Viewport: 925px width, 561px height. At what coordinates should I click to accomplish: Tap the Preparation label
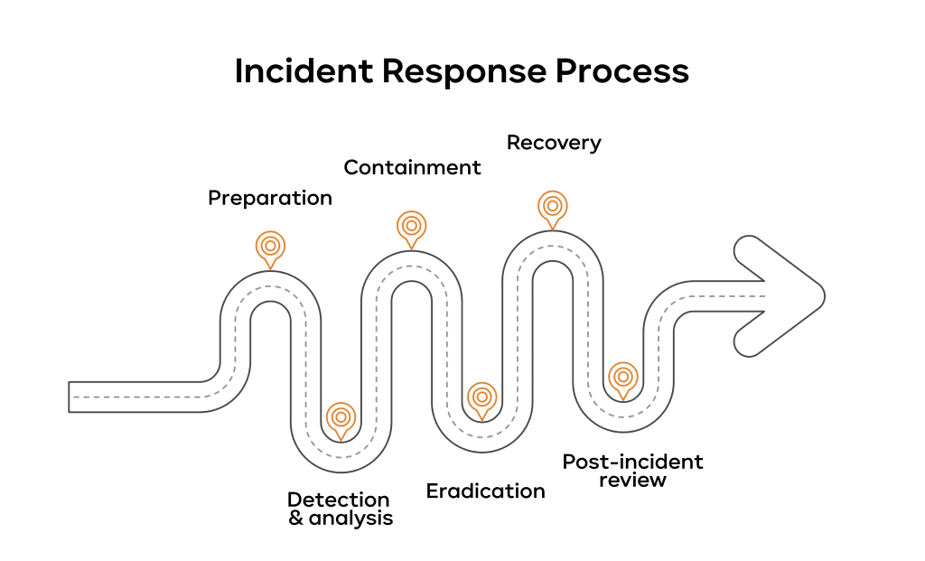coord(270,198)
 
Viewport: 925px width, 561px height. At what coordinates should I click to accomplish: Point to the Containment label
coord(412,167)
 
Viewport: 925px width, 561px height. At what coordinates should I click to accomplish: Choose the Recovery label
coord(554,143)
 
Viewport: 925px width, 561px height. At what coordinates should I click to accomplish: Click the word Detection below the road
coord(339,500)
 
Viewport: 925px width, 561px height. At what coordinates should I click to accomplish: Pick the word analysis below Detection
coord(350,519)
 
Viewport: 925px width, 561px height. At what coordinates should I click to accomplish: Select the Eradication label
coord(486,491)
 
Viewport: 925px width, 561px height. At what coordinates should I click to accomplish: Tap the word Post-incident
coord(632,462)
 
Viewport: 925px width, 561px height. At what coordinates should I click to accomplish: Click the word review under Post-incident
coord(632,480)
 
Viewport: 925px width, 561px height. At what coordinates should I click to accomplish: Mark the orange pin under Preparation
coord(270,246)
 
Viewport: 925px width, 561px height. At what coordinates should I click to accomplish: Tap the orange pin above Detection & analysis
coord(341,416)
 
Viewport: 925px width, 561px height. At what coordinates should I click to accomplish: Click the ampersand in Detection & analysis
coord(296,519)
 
